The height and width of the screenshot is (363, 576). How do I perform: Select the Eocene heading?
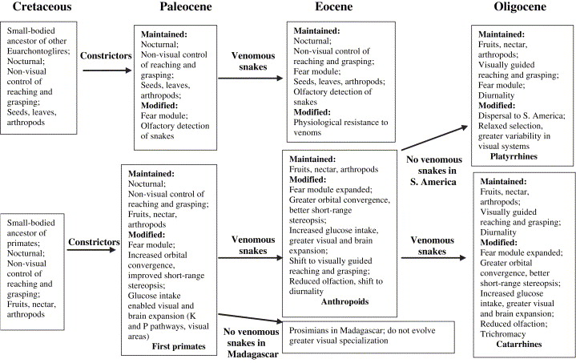[332, 10]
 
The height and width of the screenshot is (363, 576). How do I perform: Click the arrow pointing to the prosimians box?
[250, 320]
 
